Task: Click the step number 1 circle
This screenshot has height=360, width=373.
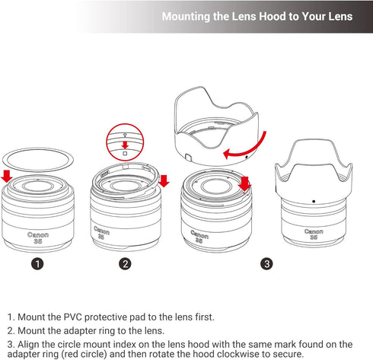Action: [x=37, y=264]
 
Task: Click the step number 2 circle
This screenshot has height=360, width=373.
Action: [x=125, y=264]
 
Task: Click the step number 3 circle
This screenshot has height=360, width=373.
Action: [x=266, y=264]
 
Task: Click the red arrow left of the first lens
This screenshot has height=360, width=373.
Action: [x=7, y=177]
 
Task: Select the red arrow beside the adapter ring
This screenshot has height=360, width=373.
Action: [x=164, y=181]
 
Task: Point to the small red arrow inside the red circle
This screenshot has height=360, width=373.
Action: [x=125, y=145]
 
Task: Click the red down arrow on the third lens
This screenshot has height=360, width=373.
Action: [x=244, y=183]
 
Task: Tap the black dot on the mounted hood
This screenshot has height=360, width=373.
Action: [x=314, y=201]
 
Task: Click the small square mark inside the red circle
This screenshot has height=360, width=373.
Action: [x=125, y=154]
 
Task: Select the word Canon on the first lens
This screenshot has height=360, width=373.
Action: [x=38, y=234]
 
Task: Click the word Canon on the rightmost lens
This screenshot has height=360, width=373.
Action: [x=314, y=231]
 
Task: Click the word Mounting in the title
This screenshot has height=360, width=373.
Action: [x=186, y=17]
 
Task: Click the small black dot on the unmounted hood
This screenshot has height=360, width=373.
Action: [x=246, y=157]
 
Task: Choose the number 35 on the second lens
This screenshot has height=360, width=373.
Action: [x=101, y=237]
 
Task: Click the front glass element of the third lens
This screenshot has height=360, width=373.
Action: [x=215, y=186]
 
